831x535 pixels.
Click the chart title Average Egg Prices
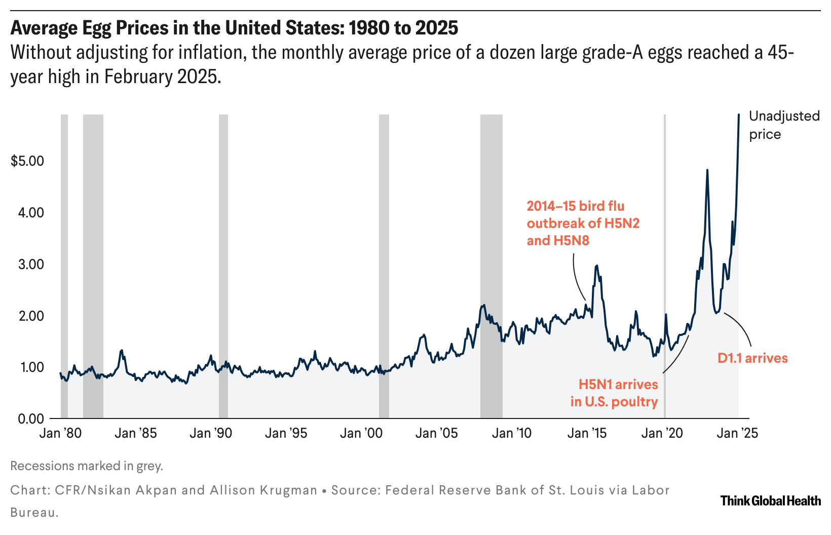[234, 28]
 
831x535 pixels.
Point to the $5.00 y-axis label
[27, 161]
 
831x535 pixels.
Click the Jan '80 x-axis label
[61, 433]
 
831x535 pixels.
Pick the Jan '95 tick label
[286, 433]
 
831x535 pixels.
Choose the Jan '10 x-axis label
[512, 433]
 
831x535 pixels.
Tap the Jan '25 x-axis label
[738, 433]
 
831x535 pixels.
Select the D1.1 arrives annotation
[752, 358]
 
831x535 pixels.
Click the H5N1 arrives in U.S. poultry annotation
[614, 393]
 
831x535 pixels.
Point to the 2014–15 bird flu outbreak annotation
[583, 223]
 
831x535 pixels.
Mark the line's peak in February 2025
[739, 114]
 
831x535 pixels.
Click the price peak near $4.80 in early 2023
[707, 170]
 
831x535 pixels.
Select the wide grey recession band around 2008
[491, 253]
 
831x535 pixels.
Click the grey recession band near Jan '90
[223, 253]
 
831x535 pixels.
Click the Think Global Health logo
[770, 501]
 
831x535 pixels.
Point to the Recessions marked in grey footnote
[87, 466]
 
